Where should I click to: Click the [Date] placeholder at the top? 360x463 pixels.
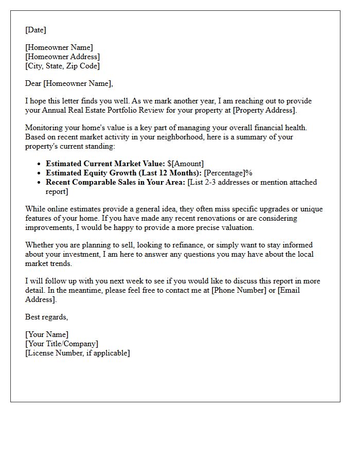click(x=35, y=30)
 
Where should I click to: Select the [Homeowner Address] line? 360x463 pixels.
click(x=62, y=57)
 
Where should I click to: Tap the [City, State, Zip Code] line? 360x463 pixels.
click(x=62, y=66)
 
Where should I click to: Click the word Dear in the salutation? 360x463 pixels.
click(x=33, y=83)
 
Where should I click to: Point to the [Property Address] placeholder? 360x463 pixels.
click(x=278, y=110)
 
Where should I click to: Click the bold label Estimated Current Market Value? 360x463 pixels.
click(x=105, y=164)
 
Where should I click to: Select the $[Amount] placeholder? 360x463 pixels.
click(x=185, y=164)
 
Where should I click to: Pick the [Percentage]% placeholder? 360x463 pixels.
click(x=228, y=173)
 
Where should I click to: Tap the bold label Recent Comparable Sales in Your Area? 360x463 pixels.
click(x=115, y=182)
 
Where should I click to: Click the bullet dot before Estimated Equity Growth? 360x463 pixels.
click(x=40, y=173)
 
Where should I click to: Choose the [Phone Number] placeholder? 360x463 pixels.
click(x=238, y=290)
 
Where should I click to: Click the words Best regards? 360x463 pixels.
click(x=46, y=317)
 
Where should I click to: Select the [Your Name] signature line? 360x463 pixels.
click(x=47, y=334)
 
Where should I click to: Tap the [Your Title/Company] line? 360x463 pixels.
click(x=62, y=344)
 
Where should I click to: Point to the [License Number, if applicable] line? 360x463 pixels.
click(x=77, y=353)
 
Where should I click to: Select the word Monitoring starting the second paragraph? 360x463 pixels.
click(x=43, y=128)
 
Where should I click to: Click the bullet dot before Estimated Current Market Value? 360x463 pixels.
click(x=40, y=164)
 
